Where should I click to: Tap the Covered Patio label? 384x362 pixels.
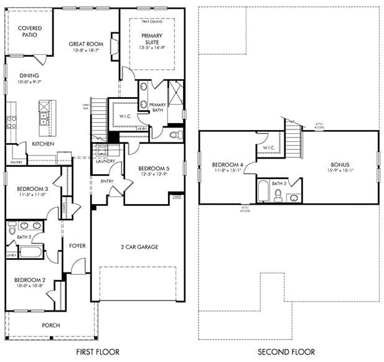click(30, 32)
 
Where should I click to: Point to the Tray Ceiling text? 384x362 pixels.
click(151, 22)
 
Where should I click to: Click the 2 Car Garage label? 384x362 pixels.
click(139, 247)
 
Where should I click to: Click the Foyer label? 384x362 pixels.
click(77, 246)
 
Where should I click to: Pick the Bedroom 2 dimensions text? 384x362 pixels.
click(29, 287)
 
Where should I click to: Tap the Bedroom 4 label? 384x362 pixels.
click(227, 165)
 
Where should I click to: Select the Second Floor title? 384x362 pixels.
click(288, 352)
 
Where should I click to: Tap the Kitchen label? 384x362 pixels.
click(43, 144)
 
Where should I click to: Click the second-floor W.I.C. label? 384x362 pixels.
click(269, 148)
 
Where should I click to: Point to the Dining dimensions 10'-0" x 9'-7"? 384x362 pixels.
click(29, 81)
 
